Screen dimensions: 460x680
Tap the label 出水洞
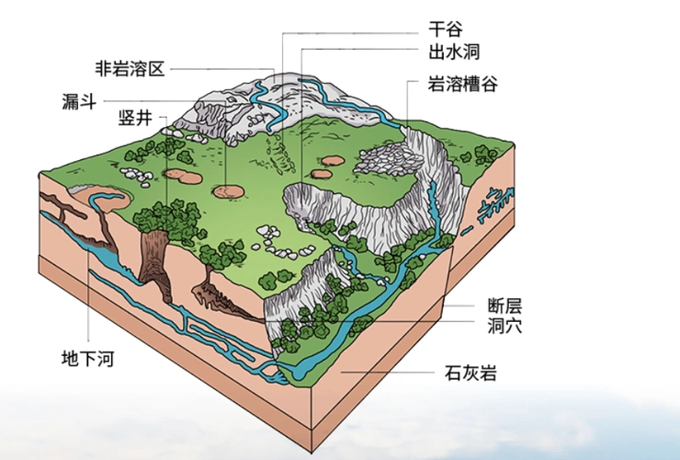pyautogui.click(x=454, y=52)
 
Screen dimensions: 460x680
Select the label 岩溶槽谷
pyautogui.click(x=463, y=84)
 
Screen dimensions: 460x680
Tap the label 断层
pyautogui.click(x=505, y=305)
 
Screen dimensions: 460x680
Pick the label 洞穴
pyautogui.click(x=505, y=325)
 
